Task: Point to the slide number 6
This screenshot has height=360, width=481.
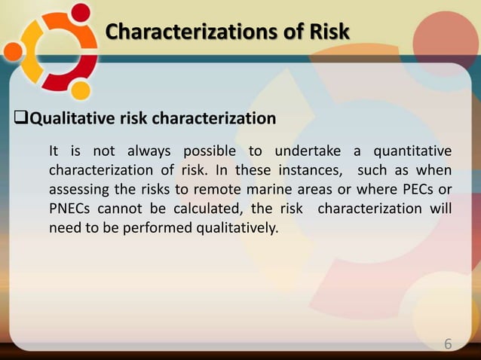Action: click(x=448, y=344)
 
